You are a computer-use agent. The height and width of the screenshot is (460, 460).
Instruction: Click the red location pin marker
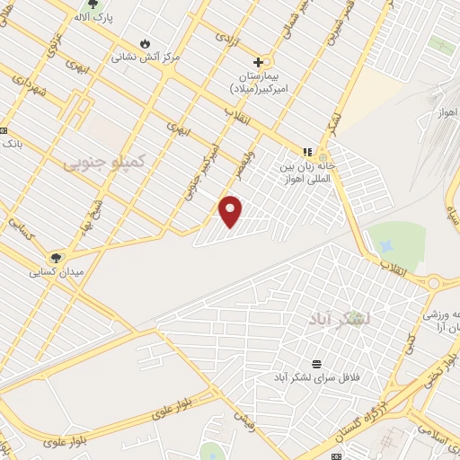[231, 211]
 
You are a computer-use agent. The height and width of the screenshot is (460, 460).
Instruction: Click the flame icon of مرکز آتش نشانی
[146, 43]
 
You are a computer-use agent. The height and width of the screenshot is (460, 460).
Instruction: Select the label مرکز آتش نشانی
[146, 57]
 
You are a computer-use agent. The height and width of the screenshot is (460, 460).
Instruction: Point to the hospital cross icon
[259, 62]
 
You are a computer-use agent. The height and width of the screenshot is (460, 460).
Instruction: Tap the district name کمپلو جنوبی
[99, 162]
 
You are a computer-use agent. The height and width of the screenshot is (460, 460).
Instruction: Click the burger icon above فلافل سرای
[316, 364]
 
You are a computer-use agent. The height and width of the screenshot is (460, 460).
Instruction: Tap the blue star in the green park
[386, 243]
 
